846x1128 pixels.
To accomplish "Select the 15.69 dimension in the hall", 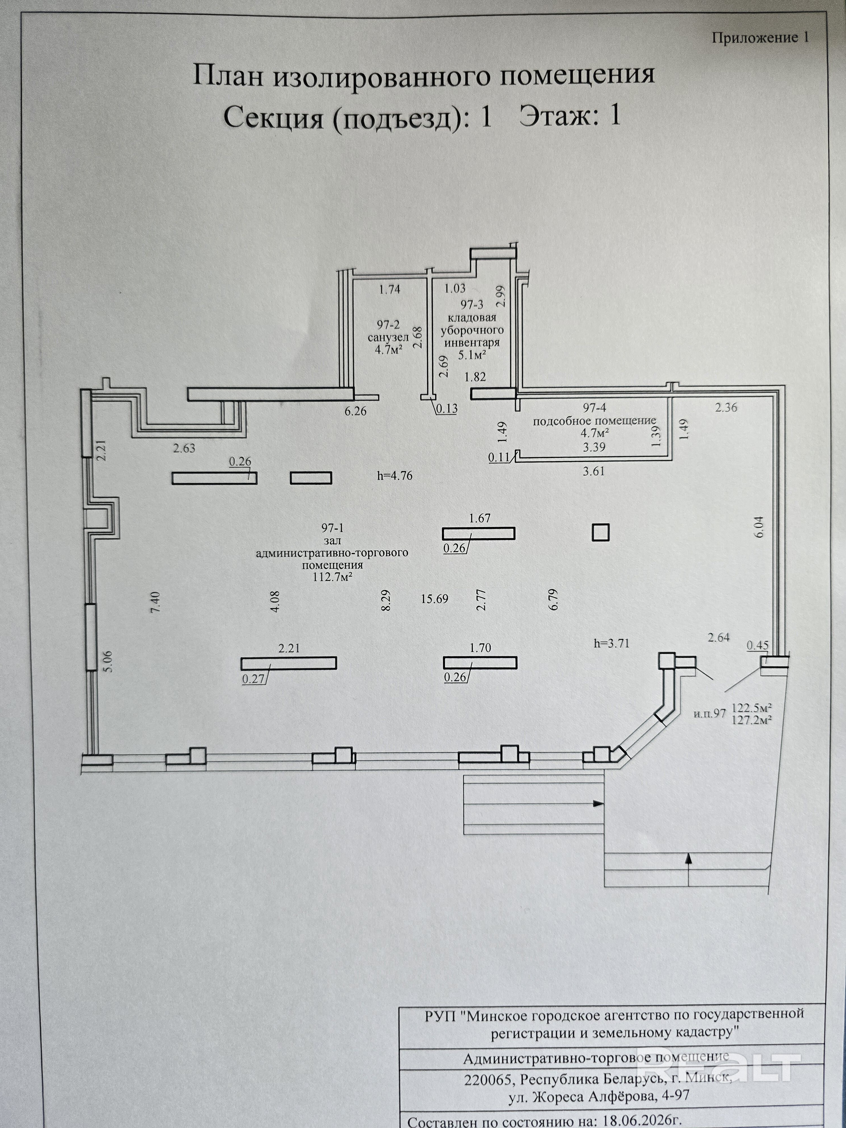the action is click(434, 599).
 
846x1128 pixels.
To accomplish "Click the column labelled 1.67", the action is click(478, 534).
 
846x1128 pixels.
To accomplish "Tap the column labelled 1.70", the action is click(480, 662).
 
